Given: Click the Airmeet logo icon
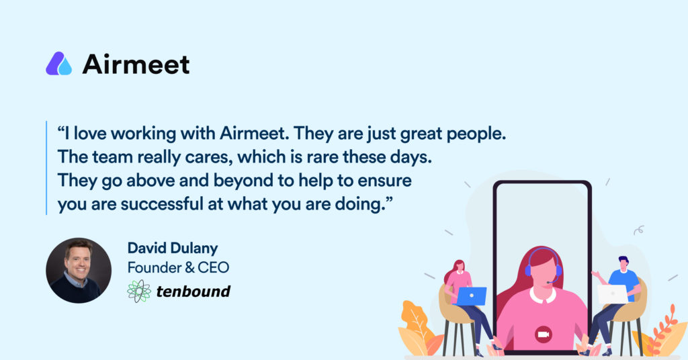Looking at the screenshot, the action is click(59, 64).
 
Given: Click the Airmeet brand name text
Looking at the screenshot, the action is click(136, 64).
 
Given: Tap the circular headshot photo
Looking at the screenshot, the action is click(79, 271).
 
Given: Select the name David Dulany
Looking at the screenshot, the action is click(173, 249).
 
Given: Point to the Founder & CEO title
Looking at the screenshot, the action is click(178, 267).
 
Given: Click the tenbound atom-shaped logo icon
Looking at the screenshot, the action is click(139, 291).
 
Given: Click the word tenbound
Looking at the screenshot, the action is click(193, 291).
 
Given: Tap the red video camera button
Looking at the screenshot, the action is click(544, 334).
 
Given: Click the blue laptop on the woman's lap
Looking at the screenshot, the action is click(472, 296).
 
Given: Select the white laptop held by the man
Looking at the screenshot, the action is click(613, 294).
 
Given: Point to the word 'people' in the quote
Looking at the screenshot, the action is click(476, 134).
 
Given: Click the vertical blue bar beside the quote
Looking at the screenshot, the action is click(46, 168).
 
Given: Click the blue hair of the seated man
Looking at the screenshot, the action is click(623, 261).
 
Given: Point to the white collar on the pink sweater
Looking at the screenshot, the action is click(543, 295).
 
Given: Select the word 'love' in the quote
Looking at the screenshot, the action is click(90, 133).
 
